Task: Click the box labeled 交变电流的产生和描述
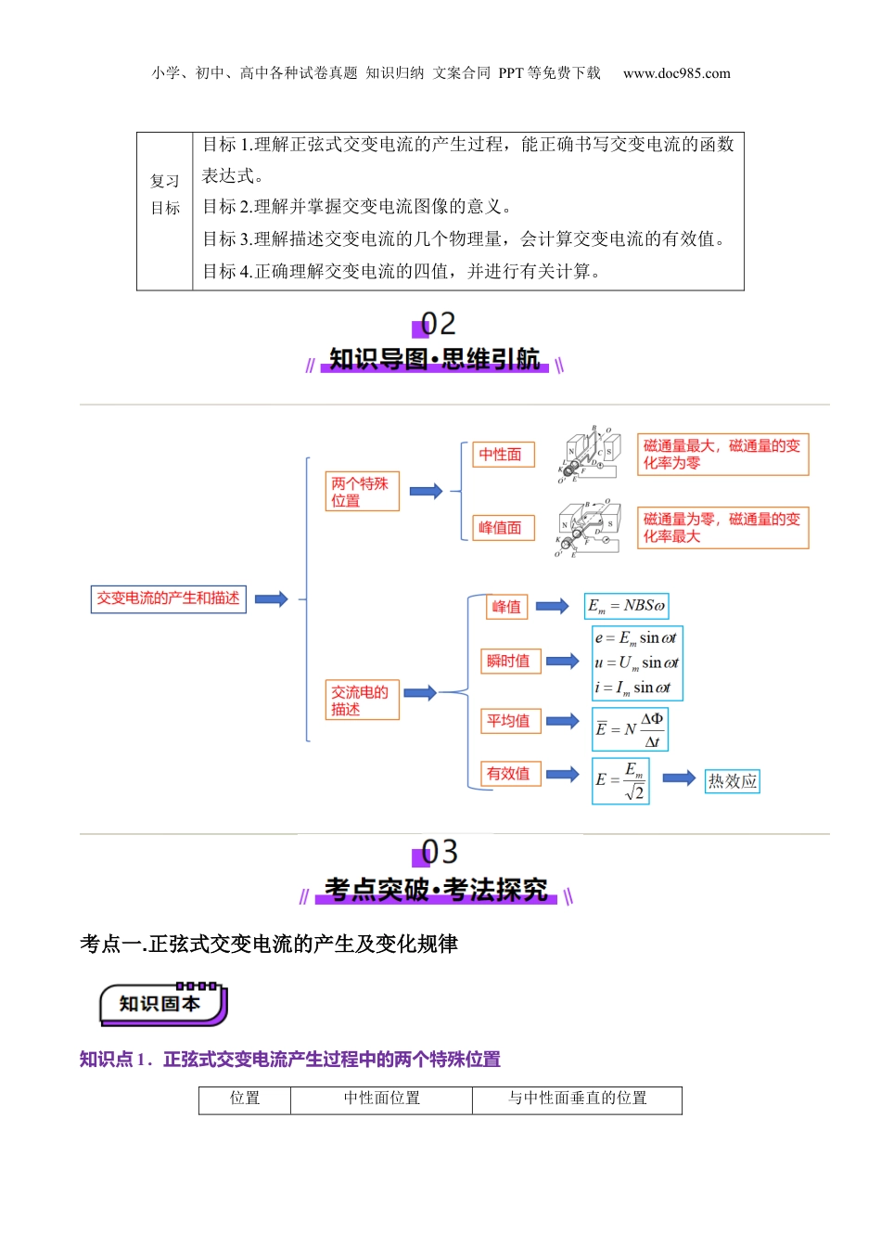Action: click(x=168, y=598)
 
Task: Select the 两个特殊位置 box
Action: click(x=362, y=492)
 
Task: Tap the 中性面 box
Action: click(x=501, y=455)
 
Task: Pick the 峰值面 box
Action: click(x=501, y=528)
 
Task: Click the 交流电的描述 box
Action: click(x=362, y=701)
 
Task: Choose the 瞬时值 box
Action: click(x=509, y=661)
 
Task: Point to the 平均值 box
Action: click(x=509, y=721)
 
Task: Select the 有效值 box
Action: click(x=509, y=774)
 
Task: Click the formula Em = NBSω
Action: click(x=626, y=607)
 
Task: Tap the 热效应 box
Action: click(x=733, y=781)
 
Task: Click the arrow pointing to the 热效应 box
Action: click(x=679, y=778)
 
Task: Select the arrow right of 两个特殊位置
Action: click(x=426, y=492)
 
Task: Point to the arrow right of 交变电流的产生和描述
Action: click(x=272, y=598)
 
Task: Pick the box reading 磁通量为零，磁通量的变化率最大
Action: click(x=722, y=527)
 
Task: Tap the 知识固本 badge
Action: click(x=162, y=1005)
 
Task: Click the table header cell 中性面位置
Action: click(x=381, y=1099)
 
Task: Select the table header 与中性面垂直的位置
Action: click(x=577, y=1099)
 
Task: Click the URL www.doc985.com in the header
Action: click(x=676, y=73)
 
